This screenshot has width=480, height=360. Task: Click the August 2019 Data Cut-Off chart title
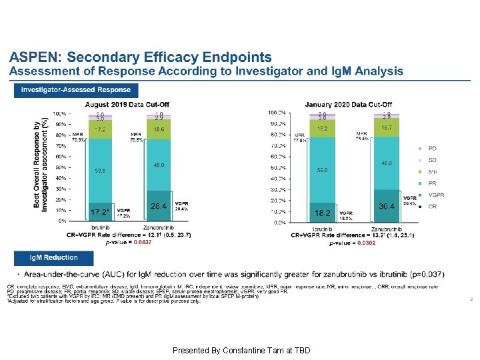pos(127,105)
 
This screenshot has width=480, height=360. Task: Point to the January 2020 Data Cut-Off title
pos(349,105)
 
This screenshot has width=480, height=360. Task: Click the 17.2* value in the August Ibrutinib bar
pos(99,212)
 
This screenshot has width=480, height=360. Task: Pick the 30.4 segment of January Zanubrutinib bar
pos(386,207)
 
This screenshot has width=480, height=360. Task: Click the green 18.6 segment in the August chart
pos(158,129)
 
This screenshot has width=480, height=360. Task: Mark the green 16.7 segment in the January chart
pos(386,127)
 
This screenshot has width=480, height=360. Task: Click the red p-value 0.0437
pos(143,243)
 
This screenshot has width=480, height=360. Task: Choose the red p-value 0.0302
pos(366,243)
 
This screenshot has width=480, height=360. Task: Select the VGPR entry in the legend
pos(435,195)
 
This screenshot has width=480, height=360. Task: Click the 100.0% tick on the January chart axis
pos(277,113)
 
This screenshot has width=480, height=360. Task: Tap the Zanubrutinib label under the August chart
pos(159,228)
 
